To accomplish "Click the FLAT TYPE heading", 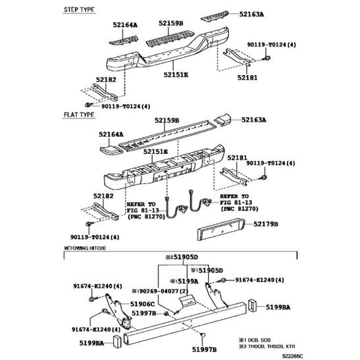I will (79, 115).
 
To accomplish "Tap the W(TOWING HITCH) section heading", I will (85, 248).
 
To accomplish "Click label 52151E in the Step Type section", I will (177, 75).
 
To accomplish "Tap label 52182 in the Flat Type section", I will (104, 195).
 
